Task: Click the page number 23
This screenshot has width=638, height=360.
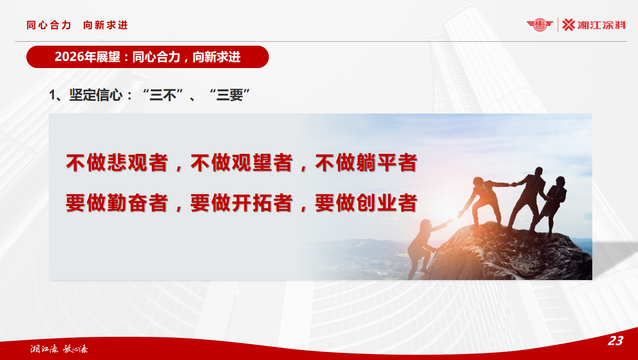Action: (x=615, y=341)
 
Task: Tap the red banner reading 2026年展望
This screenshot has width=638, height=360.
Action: (x=147, y=57)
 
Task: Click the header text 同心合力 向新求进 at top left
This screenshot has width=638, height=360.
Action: (x=77, y=25)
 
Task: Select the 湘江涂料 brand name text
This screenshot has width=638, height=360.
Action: (x=602, y=25)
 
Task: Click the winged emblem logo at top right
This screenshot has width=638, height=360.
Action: (x=540, y=24)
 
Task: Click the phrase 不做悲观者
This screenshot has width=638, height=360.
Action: (x=116, y=163)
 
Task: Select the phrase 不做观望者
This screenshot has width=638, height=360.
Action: (x=241, y=163)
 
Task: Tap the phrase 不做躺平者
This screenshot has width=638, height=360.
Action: (x=366, y=163)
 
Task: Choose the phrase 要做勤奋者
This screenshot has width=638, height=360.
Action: (x=116, y=203)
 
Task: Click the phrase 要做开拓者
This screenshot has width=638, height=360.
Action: (x=241, y=203)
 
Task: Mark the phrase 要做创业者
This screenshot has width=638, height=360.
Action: (x=366, y=203)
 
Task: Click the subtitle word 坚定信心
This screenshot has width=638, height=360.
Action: (x=95, y=95)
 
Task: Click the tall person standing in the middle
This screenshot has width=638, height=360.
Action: (x=527, y=196)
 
